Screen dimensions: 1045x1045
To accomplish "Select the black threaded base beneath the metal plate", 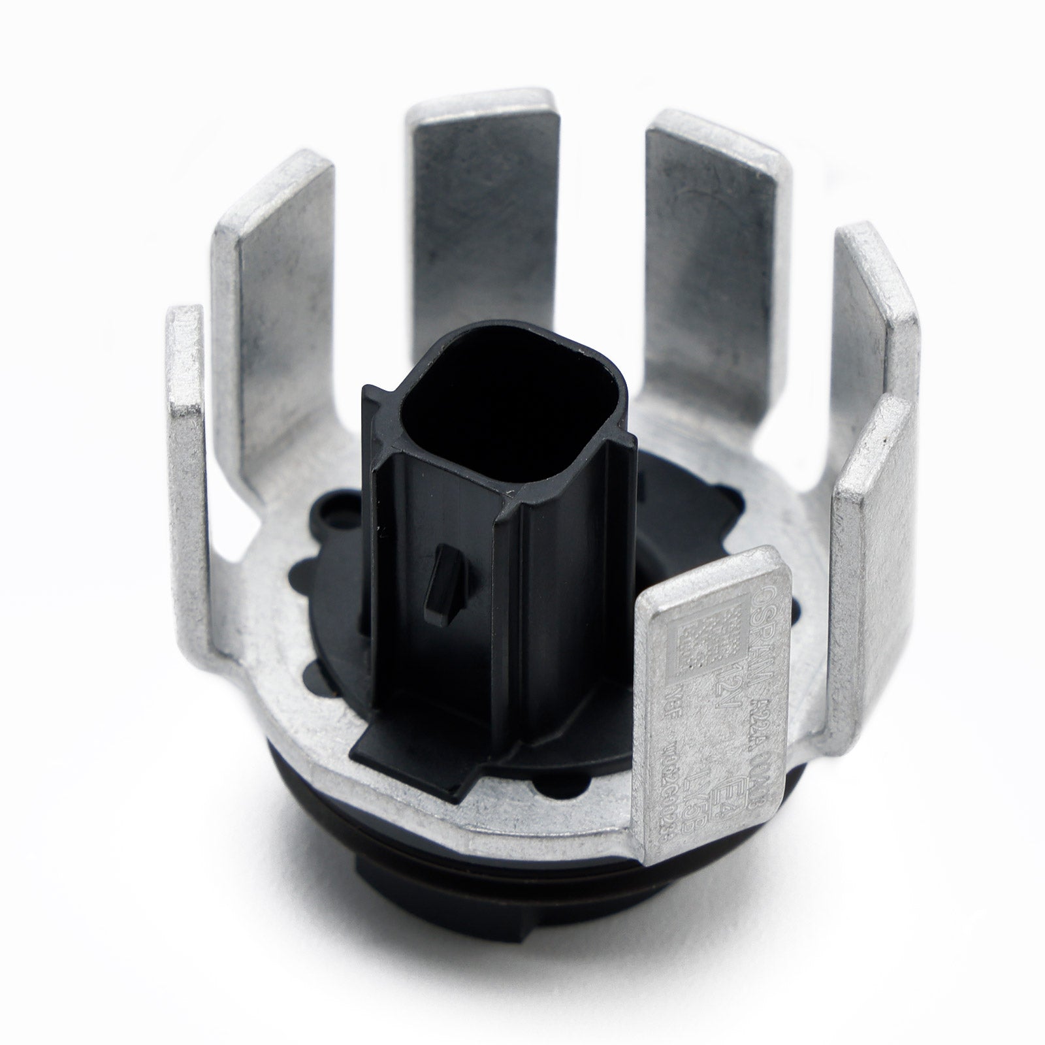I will point(457,914).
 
